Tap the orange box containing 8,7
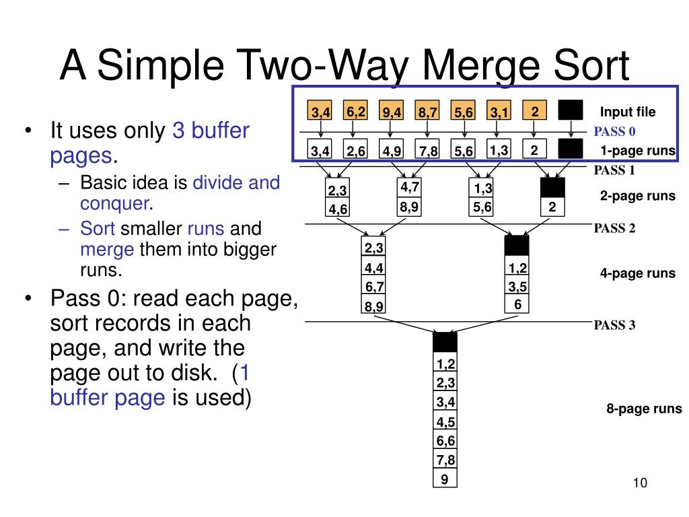click(x=427, y=111)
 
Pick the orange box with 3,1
click(x=499, y=111)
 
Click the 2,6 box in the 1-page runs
click(x=355, y=150)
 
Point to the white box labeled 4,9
click(x=392, y=150)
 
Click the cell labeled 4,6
click(x=338, y=209)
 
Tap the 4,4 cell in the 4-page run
click(x=374, y=268)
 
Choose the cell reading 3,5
click(x=517, y=287)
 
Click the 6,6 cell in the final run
click(x=445, y=441)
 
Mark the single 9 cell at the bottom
click(x=445, y=479)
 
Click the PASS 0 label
click(x=614, y=131)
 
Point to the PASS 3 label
click(x=614, y=325)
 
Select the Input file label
click(x=627, y=112)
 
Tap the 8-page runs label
click(x=644, y=409)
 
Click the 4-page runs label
click(x=637, y=273)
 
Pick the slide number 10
click(x=639, y=483)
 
